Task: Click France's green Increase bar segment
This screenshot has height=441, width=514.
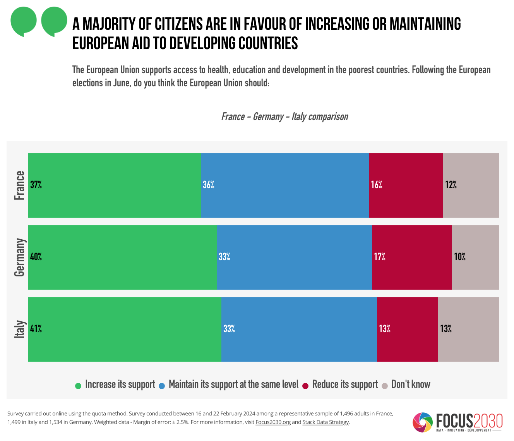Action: (x=115, y=185)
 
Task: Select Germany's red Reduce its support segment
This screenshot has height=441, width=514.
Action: (x=412, y=257)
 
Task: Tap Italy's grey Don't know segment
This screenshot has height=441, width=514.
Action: (x=468, y=329)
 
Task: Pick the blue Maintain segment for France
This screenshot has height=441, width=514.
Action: (x=285, y=185)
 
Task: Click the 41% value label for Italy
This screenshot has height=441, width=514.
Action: (x=36, y=329)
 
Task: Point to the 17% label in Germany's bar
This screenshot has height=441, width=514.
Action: (x=380, y=257)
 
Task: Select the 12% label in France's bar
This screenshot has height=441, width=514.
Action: (x=451, y=185)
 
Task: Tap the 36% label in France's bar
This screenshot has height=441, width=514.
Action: (x=209, y=185)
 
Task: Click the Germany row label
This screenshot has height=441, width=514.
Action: (x=19, y=257)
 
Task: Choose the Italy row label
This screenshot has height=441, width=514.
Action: (x=19, y=329)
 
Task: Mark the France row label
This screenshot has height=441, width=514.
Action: (x=19, y=185)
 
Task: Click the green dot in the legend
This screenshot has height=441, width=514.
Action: (x=78, y=386)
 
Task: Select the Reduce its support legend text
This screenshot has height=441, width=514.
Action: (x=345, y=384)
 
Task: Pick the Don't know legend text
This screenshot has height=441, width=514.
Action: (x=411, y=384)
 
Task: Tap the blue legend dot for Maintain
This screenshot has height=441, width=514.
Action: (x=162, y=386)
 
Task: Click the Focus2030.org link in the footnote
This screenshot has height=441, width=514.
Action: (x=273, y=422)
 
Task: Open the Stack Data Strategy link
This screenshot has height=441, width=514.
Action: (x=326, y=422)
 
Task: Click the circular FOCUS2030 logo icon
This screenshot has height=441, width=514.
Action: (x=423, y=422)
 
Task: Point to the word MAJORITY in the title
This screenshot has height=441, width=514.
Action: (x=117, y=24)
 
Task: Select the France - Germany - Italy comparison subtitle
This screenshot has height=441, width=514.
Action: (x=284, y=117)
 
